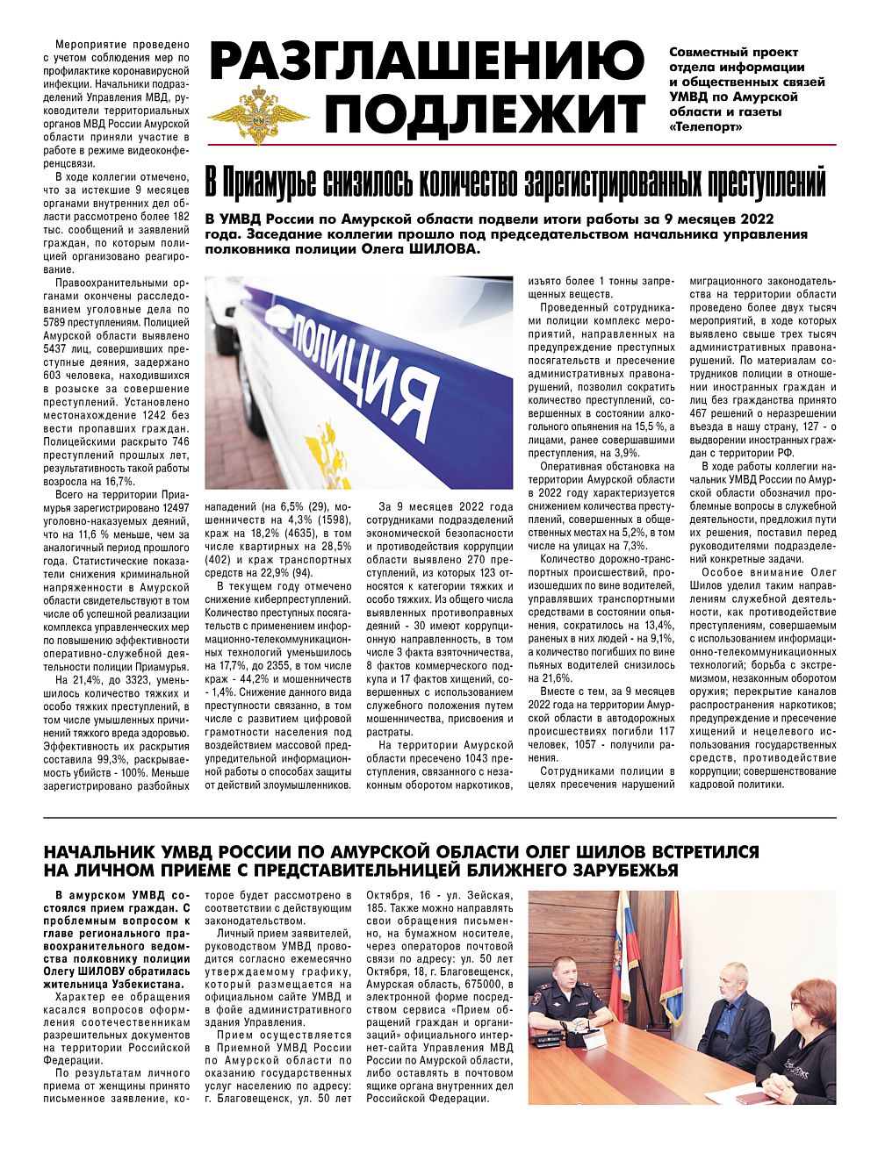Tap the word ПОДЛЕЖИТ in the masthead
point(491,113)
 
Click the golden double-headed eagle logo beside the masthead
point(258,113)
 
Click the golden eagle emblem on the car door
point(316,453)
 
